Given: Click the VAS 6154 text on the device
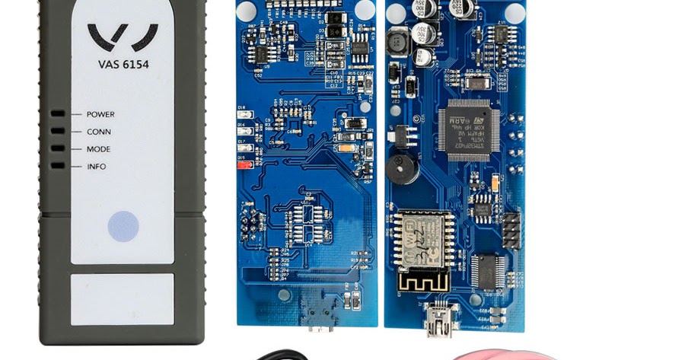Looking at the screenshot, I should coord(123,65).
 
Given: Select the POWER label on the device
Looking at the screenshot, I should coord(100,114).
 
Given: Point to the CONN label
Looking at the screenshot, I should coord(99,132).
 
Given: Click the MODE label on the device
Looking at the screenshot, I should coord(98,149).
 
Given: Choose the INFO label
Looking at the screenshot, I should coord(97,167).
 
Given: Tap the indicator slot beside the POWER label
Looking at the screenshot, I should coord(58,114).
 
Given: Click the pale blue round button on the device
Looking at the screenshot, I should coord(123,227).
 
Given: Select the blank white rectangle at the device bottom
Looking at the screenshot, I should coord(123,299).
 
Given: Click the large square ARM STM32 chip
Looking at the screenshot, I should coord(468,129).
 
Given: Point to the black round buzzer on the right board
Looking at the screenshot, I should coord(402,169).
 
